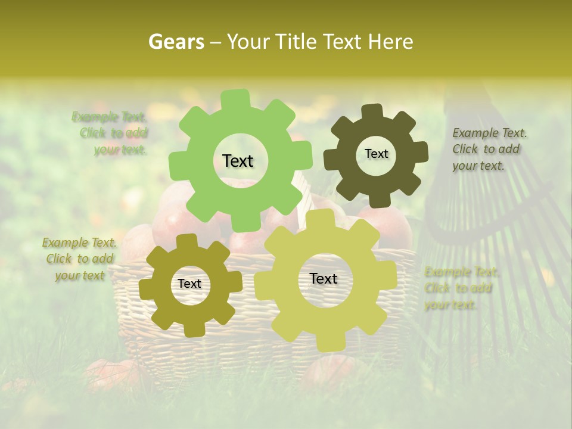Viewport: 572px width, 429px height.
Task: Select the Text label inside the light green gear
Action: click(x=238, y=161)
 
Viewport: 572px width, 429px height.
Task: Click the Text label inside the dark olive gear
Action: click(x=376, y=154)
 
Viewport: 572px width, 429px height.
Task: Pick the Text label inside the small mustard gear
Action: click(x=189, y=284)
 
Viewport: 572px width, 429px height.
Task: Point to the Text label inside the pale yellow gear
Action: click(x=324, y=279)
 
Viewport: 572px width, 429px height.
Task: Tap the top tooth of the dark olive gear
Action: click(x=372, y=112)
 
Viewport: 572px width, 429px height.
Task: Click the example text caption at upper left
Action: click(x=113, y=133)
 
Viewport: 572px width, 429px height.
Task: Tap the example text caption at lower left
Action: click(x=80, y=259)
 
